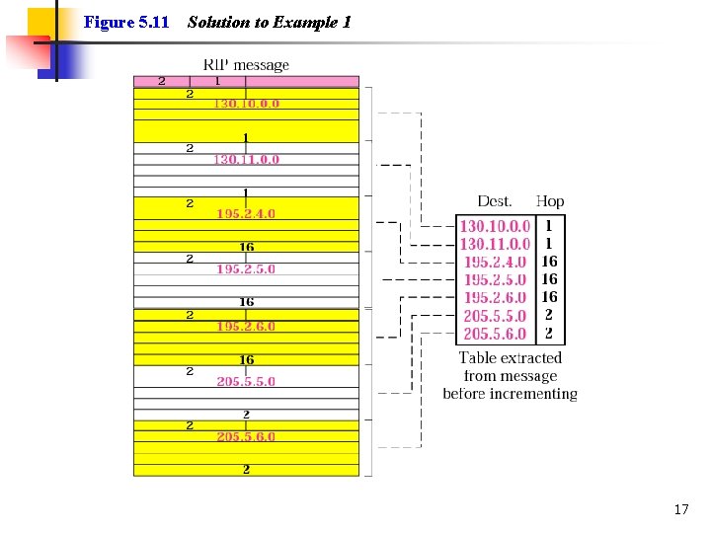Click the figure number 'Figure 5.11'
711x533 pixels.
tap(126, 22)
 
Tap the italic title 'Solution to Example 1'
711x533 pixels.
tap(270, 22)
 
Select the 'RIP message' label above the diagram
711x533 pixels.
tap(246, 65)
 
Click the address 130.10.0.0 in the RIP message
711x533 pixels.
tap(246, 104)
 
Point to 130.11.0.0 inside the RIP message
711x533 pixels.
tap(246, 160)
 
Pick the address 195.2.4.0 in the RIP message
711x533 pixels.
tap(246, 214)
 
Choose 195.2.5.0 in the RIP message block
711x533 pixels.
tap(246, 269)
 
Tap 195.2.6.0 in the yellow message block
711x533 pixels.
tap(246, 327)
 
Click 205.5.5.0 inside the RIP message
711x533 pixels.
tap(246, 382)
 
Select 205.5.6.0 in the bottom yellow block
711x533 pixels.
tap(246, 437)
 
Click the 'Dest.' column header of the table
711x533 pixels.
tap(495, 201)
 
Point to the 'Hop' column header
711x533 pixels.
tap(550, 201)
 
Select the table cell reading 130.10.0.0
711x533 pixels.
tap(495, 226)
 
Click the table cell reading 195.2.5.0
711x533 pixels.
tap(495, 279)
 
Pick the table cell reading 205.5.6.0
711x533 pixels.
tap(495, 334)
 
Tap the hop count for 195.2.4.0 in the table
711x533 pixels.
tap(549, 262)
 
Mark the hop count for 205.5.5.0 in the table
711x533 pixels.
tap(549, 315)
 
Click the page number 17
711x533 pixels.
tap(681, 509)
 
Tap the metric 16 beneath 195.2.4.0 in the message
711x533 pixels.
tap(247, 247)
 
